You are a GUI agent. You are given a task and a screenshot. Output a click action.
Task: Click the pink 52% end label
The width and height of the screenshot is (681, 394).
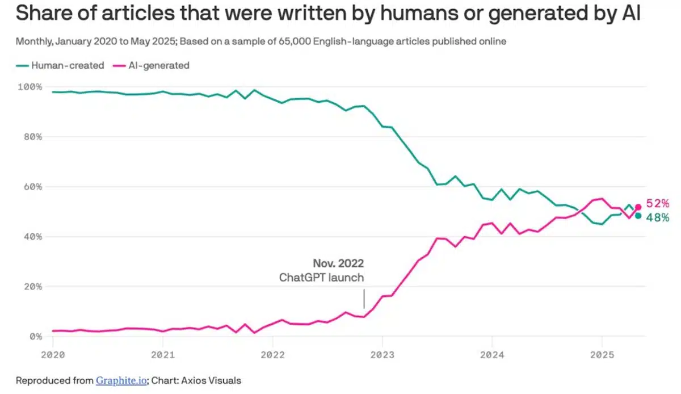point(658,204)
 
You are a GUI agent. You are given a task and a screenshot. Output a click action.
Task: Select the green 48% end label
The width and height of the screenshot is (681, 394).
point(658,217)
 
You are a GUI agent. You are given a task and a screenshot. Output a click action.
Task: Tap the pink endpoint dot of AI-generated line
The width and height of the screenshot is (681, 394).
point(638,207)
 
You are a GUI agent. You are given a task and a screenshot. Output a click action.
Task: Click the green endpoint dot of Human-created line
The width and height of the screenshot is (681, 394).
point(638,216)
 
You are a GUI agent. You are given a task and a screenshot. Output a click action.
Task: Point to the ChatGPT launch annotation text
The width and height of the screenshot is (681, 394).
point(321,278)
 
